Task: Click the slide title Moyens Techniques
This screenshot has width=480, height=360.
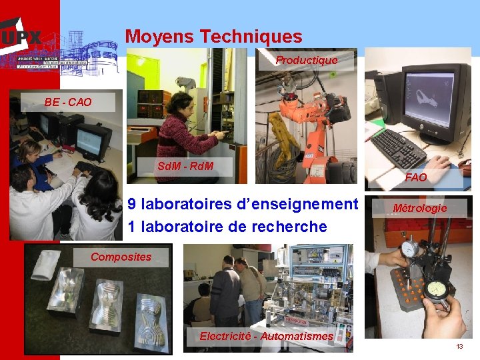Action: point(213,37)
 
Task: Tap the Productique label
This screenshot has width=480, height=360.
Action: point(307,61)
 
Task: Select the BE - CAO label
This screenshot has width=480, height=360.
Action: point(68,102)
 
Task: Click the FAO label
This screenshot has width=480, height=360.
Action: point(416,177)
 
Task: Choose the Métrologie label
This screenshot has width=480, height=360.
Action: point(419,208)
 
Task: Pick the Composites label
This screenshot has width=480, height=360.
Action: point(121,257)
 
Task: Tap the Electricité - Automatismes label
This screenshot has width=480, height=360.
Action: point(266,336)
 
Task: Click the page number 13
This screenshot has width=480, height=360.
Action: point(459,347)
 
